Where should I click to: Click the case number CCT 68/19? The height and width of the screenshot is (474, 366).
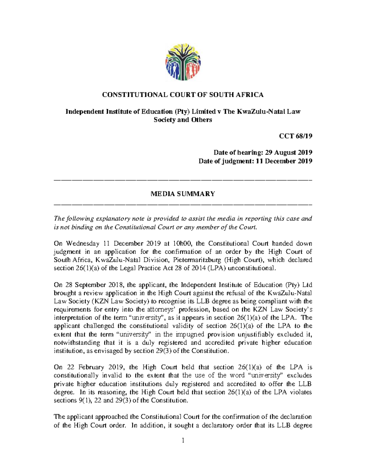click(x=296, y=136)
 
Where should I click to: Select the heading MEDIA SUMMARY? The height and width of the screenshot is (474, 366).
click(x=183, y=194)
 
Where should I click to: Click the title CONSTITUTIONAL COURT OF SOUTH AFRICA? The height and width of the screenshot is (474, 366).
click(x=183, y=95)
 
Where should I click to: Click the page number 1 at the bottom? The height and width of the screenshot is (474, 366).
click(x=183, y=440)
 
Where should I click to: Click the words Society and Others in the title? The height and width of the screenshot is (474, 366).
click(x=183, y=120)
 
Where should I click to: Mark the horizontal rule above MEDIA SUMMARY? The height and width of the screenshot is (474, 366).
click(x=183, y=180)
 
